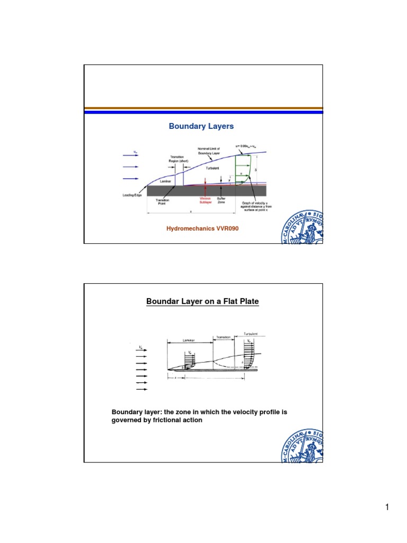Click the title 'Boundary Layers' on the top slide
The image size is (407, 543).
201,126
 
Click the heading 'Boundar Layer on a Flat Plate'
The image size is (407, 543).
202,302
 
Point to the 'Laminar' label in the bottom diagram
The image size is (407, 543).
189,340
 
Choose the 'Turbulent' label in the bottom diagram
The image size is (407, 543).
252,334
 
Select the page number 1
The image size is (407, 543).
387,508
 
